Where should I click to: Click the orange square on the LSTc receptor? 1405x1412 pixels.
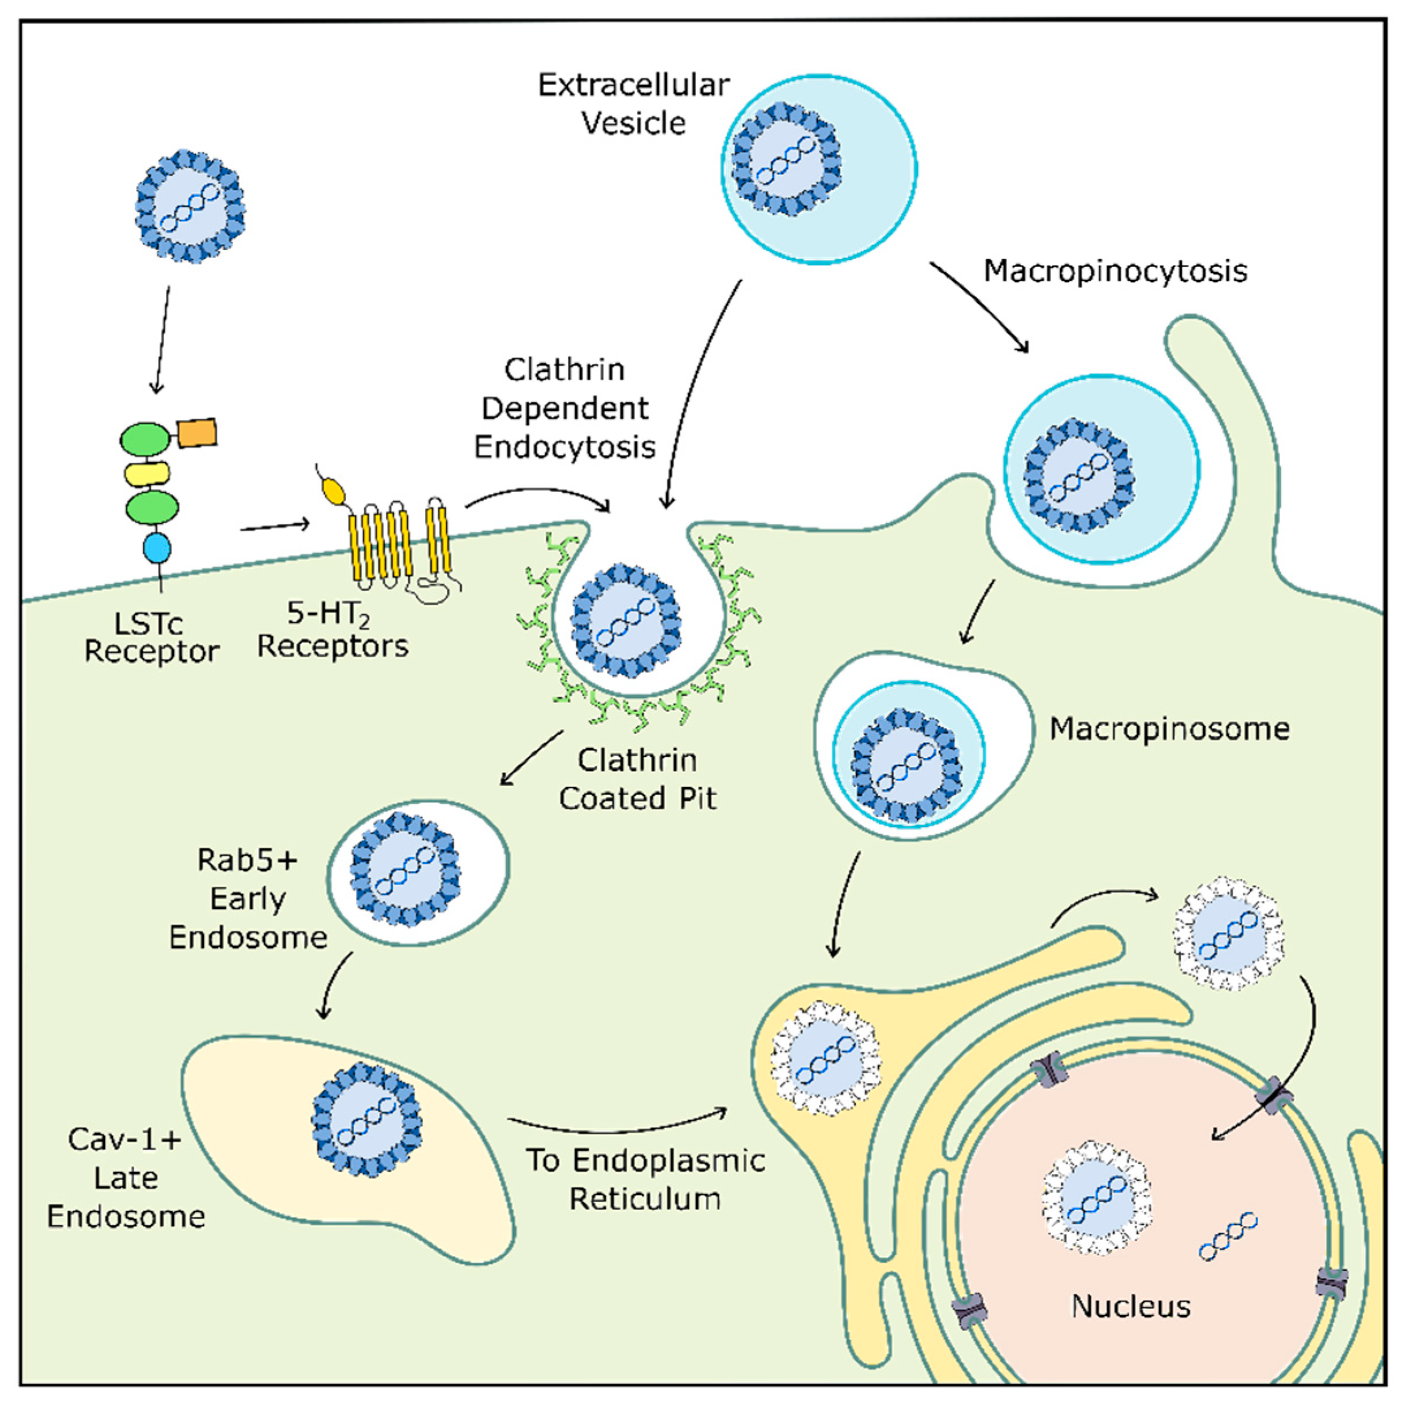tap(196, 433)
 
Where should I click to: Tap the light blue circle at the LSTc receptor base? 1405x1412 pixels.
tap(157, 547)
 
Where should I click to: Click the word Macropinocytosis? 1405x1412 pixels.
tap(1115, 271)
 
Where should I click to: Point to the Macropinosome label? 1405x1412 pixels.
tap(1169, 729)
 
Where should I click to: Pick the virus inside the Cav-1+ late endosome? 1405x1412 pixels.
tap(366, 1119)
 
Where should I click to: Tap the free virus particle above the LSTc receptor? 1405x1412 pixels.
tap(190, 206)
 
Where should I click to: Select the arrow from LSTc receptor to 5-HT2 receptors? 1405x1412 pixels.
tap(274, 526)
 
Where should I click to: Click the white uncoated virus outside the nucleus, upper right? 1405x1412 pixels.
tap(1228, 933)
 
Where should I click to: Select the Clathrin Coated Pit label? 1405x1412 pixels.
tap(637, 779)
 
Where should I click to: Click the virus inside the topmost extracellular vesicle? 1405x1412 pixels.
tap(786, 159)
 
